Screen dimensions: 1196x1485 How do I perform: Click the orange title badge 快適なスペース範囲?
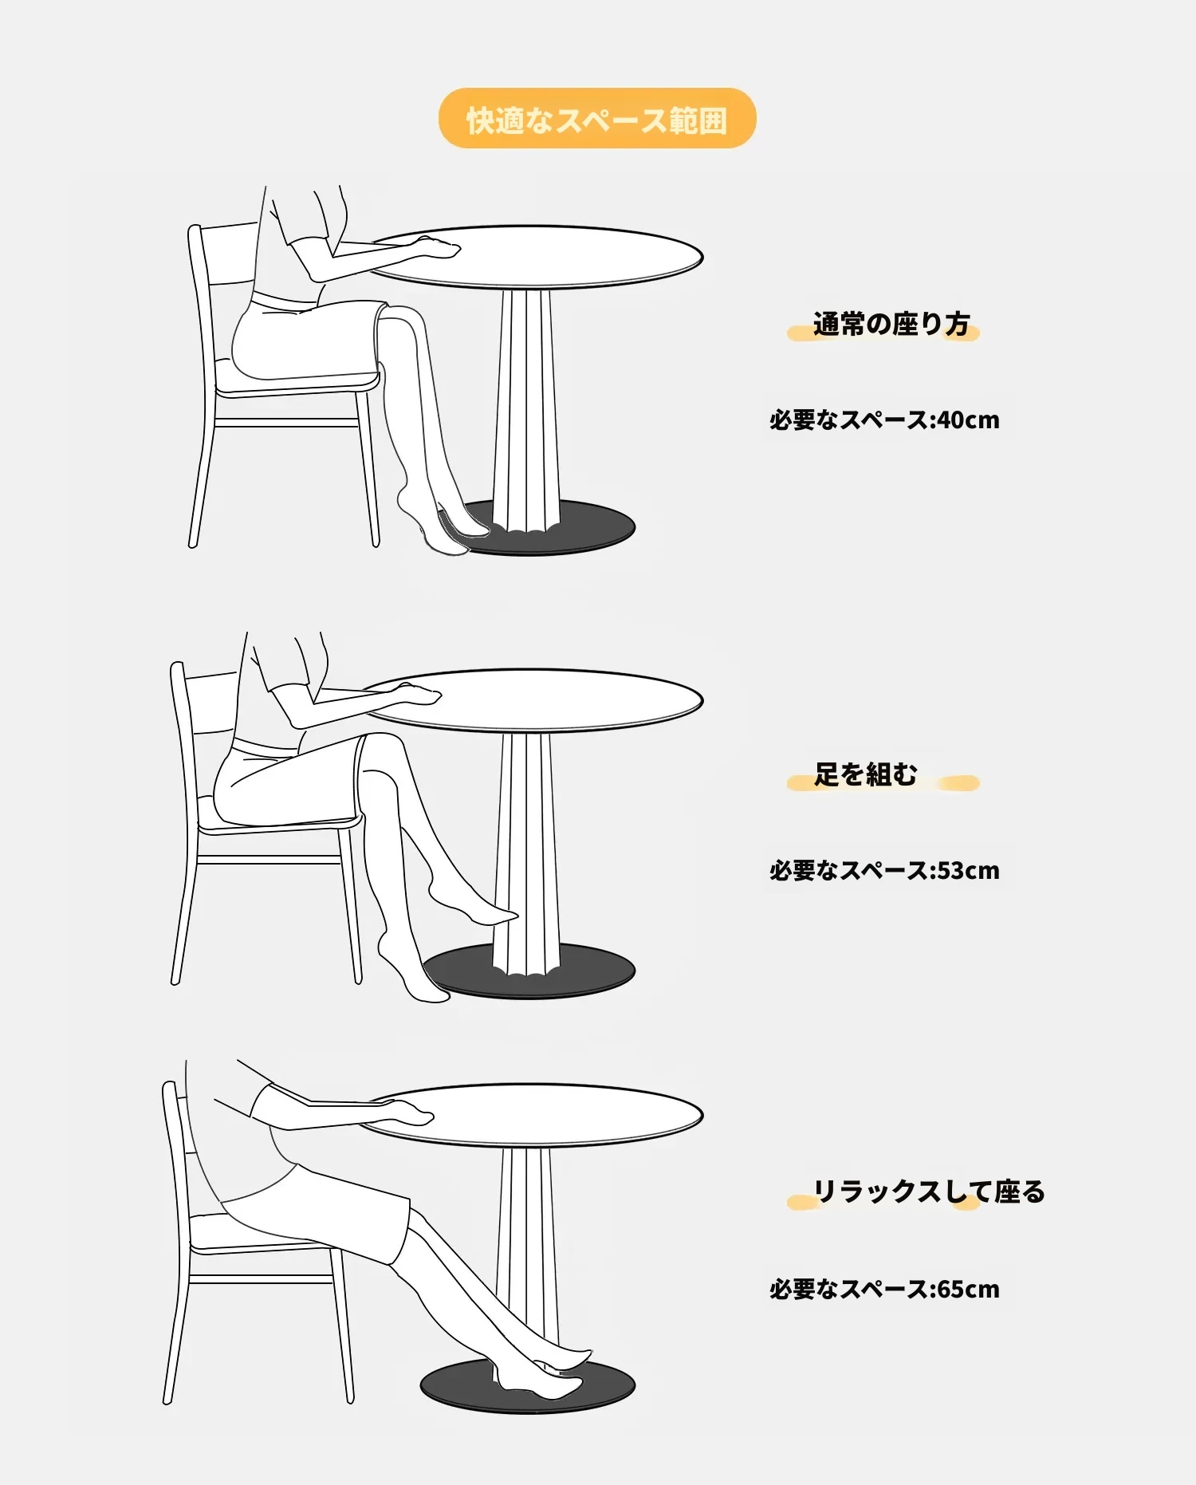597,118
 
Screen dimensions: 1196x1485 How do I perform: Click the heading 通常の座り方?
891,324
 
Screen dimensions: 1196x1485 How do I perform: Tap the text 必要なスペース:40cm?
884,420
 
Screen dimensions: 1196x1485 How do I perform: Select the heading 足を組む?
865,774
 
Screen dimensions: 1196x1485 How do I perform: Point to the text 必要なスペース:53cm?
884,870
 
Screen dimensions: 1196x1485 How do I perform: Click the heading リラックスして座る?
929,1192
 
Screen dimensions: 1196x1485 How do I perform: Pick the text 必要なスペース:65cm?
884,1289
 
